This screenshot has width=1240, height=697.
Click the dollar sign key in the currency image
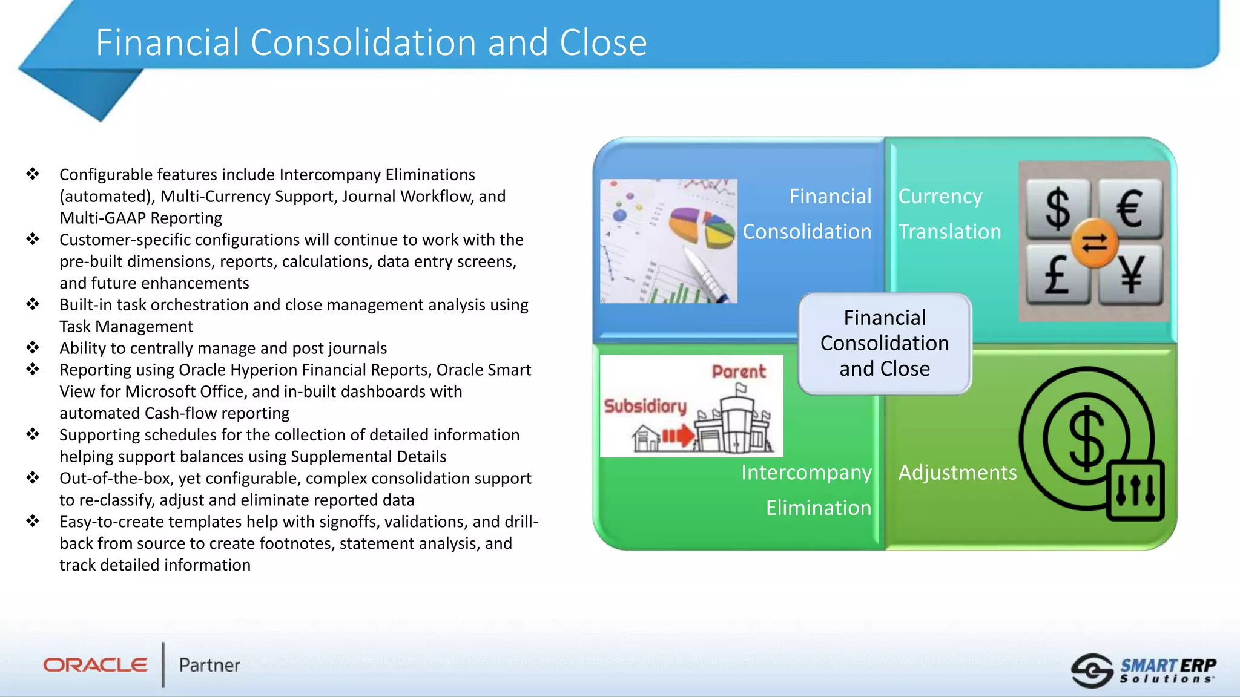tap(1058, 209)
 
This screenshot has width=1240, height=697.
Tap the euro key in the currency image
tap(1130, 209)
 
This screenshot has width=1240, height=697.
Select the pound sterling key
tap(1057, 275)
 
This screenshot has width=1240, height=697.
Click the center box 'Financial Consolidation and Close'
tap(885, 343)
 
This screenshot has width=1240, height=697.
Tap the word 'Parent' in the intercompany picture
tap(739, 371)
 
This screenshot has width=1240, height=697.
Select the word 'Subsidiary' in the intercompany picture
tap(645, 406)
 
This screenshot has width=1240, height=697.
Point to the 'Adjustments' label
tap(957, 473)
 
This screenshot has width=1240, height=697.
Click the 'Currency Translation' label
tap(949, 214)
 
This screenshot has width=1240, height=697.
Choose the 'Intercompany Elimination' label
tap(807, 489)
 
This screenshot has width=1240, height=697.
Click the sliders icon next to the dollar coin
tap(1135, 490)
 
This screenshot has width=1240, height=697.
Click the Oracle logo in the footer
tap(95, 665)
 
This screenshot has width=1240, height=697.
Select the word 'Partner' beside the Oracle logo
tap(209, 666)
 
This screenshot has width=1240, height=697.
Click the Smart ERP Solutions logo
tap(1144, 670)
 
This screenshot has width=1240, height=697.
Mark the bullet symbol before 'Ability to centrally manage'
tap(33, 347)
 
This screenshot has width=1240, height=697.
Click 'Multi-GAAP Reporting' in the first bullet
tap(140, 218)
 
